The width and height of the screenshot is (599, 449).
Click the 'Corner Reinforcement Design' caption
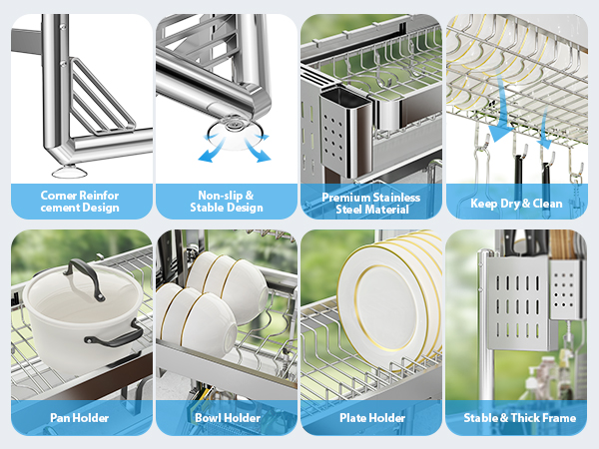(x=80, y=202)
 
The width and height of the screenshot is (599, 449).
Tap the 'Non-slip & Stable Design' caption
(x=227, y=202)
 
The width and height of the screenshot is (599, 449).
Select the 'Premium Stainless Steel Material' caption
(x=371, y=204)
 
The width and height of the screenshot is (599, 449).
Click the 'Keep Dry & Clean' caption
(x=516, y=204)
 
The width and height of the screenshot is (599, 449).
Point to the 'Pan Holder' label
(x=80, y=418)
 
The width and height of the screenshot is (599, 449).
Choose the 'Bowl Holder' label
(x=228, y=418)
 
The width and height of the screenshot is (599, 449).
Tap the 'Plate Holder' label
(x=372, y=418)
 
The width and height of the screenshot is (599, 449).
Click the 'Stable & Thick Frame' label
(x=519, y=418)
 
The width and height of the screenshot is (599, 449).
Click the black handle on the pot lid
(x=85, y=276)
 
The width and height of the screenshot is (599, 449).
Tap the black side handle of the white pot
(x=115, y=336)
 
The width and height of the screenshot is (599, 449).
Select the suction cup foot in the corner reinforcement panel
(x=69, y=172)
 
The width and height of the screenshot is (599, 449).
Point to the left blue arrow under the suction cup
(x=213, y=150)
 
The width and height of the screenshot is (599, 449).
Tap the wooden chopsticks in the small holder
(x=564, y=244)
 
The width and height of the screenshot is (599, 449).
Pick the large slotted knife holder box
(x=517, y=301)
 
